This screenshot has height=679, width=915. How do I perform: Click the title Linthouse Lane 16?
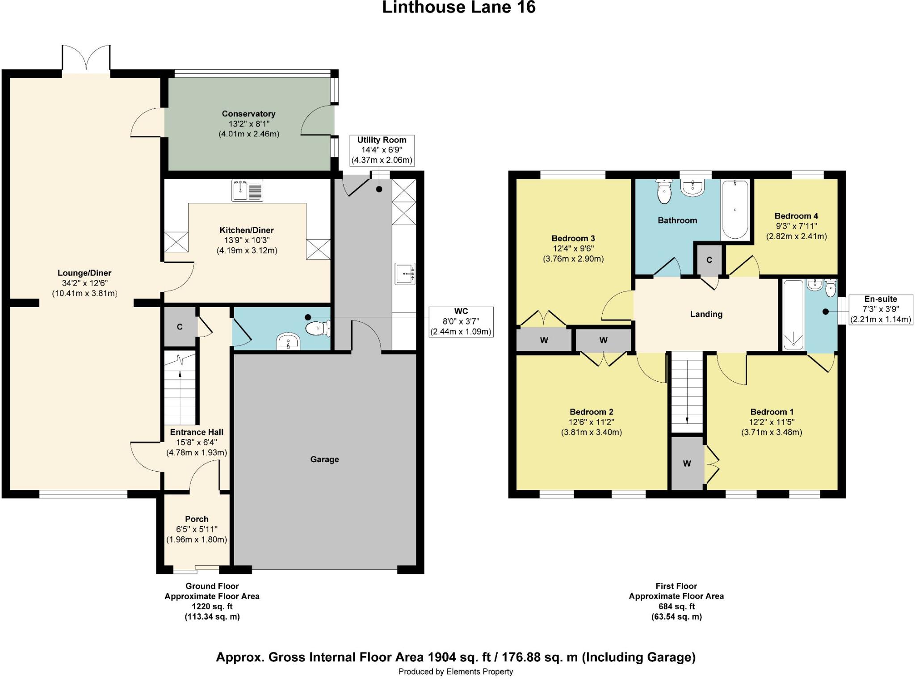tap(458, 8)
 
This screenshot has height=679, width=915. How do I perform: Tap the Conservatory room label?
tap(248, 114)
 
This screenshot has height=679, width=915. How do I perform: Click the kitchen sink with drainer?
tap(247, 190)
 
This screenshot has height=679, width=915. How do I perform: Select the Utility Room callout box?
tap(382, 150)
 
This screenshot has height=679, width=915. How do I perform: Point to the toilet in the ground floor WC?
tap(318, 329)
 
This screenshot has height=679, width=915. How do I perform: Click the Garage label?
tap(324, 460)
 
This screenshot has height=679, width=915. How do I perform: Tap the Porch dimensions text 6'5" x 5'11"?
tap(197, 529)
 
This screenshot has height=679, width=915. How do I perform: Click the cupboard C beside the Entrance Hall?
tap(180, 327)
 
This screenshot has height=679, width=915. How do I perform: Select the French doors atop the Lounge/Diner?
tap(86, 58)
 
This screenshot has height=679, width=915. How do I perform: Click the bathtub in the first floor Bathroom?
tap(735, 209)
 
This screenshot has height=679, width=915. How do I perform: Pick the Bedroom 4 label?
tap(796, 216)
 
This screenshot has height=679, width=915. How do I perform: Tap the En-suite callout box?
tap(880, 309)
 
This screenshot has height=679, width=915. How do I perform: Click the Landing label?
tap(706, 314)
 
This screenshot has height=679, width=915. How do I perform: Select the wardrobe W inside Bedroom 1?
tap(687, 464)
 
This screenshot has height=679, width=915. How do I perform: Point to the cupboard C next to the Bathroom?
tap(709, 260)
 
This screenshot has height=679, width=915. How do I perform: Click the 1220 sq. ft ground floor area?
tap(212, 607)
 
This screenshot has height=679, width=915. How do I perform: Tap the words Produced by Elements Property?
tap(456, 671)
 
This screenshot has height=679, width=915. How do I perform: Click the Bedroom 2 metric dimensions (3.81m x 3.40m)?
tap(591, 432)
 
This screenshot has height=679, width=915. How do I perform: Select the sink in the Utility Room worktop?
tap(405, 274)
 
